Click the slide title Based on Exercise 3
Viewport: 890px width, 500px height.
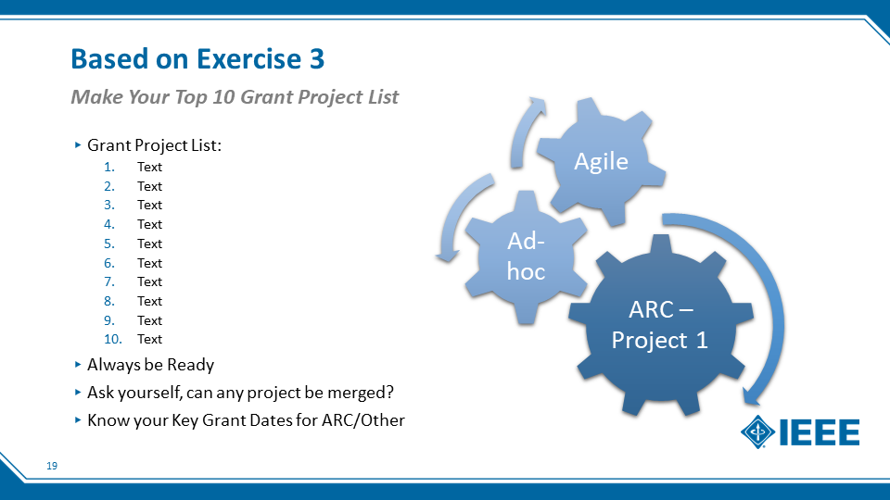point(197,59)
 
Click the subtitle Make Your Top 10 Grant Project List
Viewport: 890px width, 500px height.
point(235,97)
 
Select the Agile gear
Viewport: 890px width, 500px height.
point(601,161)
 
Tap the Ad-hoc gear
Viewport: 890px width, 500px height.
point(527,256)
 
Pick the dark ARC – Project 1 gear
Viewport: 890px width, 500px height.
point(661,325)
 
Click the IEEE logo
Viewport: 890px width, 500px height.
point(800,432)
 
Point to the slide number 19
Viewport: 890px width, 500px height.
point(52,466)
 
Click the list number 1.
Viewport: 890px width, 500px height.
point(109,168)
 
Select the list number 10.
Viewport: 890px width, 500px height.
point(112,340)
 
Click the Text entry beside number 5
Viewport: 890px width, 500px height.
point(150,244)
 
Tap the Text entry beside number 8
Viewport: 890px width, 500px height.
point(150,301)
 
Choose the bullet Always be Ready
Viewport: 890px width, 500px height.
point(150,365)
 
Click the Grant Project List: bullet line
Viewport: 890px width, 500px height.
point(154,145)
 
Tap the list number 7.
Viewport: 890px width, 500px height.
point(109,281)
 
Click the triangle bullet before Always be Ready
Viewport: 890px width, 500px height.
point(78,365)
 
